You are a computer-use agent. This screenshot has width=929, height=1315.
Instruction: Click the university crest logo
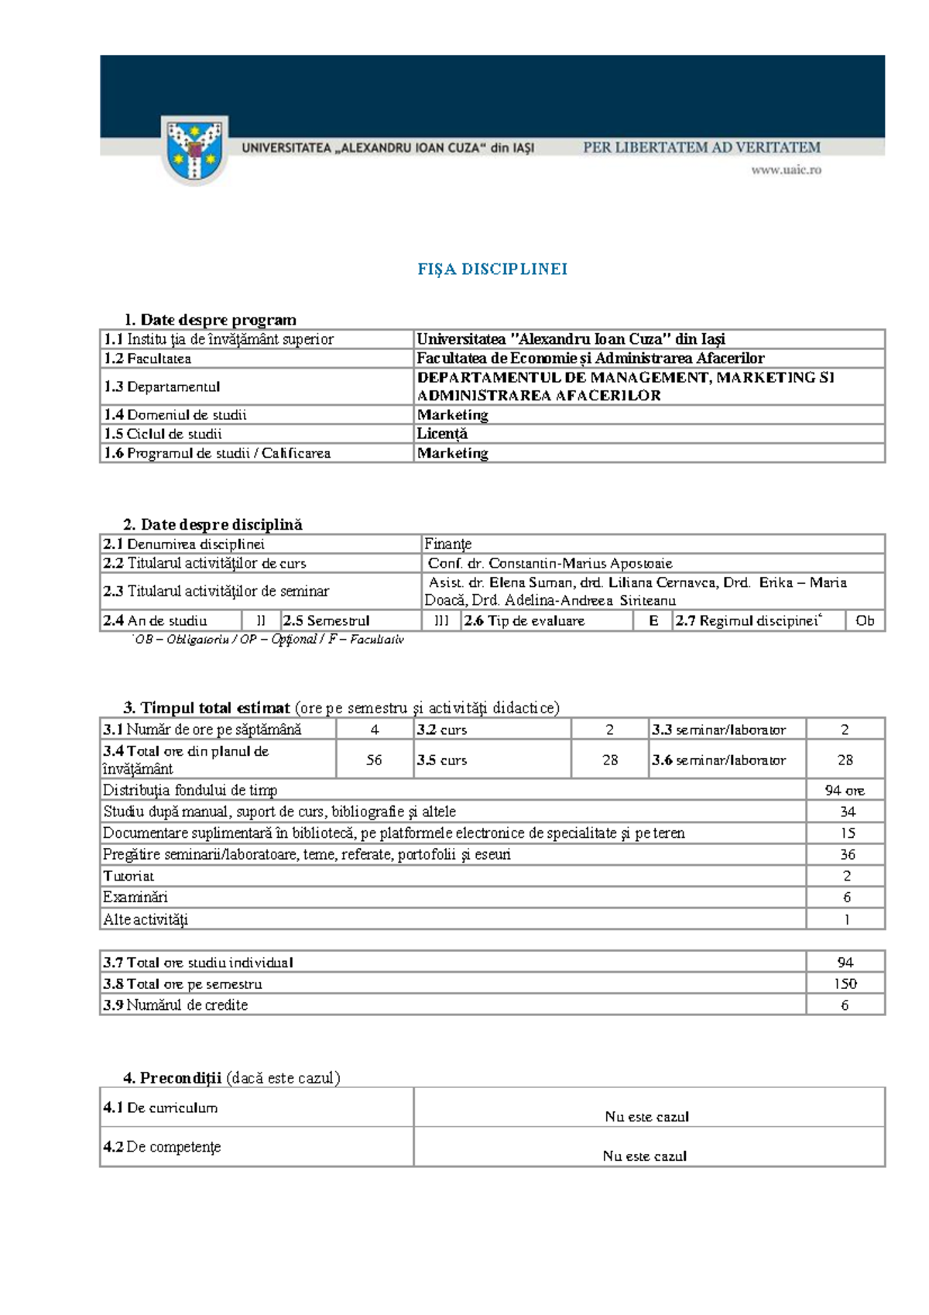(x=195, y=149)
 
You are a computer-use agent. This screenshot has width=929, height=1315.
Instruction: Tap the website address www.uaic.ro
(x=786, y=170)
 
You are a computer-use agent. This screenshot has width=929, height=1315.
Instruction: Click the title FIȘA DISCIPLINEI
(x=492, y=270)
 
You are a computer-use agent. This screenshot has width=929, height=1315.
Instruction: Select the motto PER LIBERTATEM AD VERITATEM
(x=701, y=147)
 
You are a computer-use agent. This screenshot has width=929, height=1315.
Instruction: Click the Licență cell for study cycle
(x=442, y=434)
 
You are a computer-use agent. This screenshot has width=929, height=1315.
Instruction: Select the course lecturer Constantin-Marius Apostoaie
(x=550, y=563)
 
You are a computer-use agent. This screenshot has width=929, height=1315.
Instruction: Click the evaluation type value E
(x=653, y=620)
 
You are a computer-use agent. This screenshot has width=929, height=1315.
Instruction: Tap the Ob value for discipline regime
(x=865, y=620)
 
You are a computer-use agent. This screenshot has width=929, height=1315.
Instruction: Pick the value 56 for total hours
(x=374, y=760)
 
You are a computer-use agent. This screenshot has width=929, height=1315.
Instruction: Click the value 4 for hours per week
(x=375, y=730)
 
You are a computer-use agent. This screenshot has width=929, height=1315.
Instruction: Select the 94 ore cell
(x=845, y=790)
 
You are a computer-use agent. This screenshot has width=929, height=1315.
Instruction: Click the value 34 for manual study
(x=847, y=812)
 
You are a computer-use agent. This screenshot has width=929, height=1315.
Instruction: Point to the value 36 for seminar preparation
(x=847, y=854)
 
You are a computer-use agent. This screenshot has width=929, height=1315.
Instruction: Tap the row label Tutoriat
(x=129, y=876)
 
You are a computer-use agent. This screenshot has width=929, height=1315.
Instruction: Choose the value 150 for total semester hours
(x=845, y=984)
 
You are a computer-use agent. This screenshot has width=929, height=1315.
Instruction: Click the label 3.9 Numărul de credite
(x=176, y=1004)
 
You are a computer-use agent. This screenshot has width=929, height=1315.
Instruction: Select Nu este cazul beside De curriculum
(x=646, y=1116)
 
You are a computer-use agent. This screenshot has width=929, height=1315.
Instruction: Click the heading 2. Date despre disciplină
(x=213, y=524)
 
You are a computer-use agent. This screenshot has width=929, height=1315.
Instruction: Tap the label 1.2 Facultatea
(x=148, y=359)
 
